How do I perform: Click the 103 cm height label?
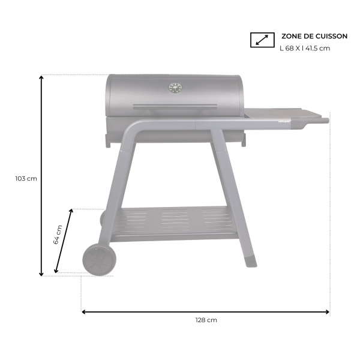coord(26,178)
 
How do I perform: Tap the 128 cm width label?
coord(206,320)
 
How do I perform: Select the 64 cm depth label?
coord(58,235)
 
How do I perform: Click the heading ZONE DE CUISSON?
coord(314,36)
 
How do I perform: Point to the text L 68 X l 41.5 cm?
coord(305,48)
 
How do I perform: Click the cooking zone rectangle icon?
coord(262,40)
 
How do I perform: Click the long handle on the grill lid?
coord(175,107)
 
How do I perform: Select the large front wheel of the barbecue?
coord(99,259)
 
